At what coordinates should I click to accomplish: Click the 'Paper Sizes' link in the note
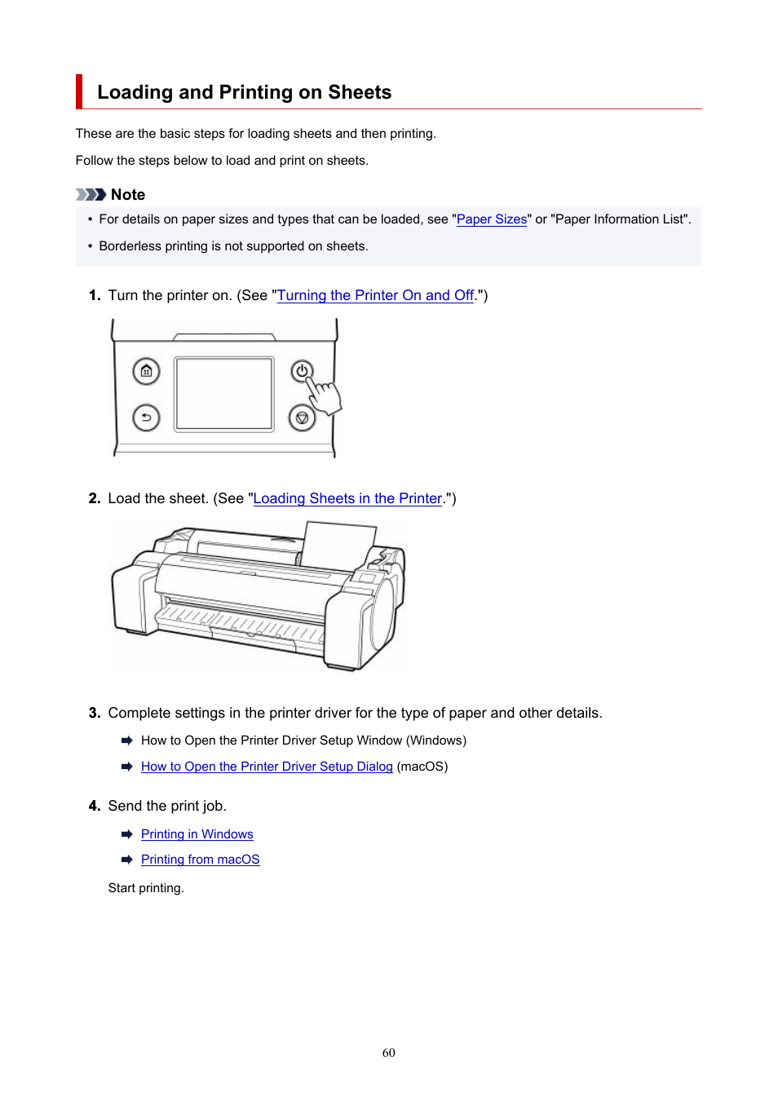(x=492, y=219)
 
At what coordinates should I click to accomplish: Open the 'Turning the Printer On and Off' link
(x=375, y=295)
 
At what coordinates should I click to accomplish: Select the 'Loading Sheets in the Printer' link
(x=347, y=498)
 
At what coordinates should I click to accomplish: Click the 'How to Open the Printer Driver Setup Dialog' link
(x=267, y=767)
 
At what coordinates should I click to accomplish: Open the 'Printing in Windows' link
(x=197, y=834)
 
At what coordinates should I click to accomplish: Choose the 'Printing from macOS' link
(x=201, y=859)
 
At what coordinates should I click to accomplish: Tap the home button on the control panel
(x=146, y=371)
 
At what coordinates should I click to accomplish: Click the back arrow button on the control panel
(x=146, y=418)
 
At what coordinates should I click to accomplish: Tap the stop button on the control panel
(x=302, y=418)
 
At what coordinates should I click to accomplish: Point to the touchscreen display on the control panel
(x=223, y=394)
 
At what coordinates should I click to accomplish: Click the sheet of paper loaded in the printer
(x=338, y=545)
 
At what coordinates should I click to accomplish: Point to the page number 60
(x=389, y=1052)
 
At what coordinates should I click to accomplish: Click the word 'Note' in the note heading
(x=128, y=195)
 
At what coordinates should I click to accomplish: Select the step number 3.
(x=95, y=713)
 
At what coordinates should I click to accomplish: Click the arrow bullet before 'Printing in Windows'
(x=126, y=834)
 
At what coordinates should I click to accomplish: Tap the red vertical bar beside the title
(x=79, y=91)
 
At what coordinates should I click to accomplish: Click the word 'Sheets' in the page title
(x=360, y=92)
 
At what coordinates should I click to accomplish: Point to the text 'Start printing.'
(x=146, y=887)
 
